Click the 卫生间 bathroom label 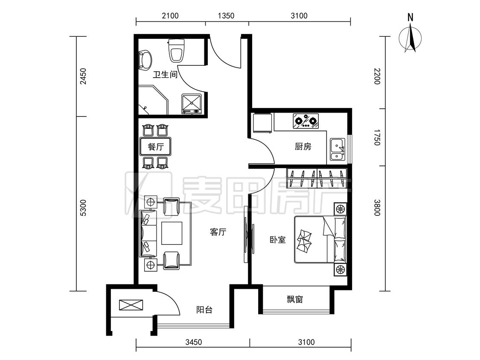pyautogui.click(x=165, y=74)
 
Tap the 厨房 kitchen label pyautogui.click(x=303, y=147)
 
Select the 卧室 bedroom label pyautogui.click(x=278, y=240)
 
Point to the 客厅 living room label pyautogui.click(x=218, y=232)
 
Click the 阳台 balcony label pyautogui.click(x=204, y=310)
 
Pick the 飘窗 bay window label pyautogui.click(x=295, y=299)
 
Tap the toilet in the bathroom pyautogui.click(x=177, y=50)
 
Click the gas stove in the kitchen pyautogui.click(x=305, y=121)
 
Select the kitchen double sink pyautogui.click(x=338, y=149)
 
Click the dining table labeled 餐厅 pyautogui.click(x=155, y=147)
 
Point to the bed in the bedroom pyautogui.click(x=320, y=239)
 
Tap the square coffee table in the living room pyautogui.click(x=172, y=233)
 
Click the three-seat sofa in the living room pyautogui.click(x=148, y=233)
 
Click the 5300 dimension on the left pyautogui.click(x=83, y=208)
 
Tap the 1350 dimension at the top pyautogui.click(x=226, y=16)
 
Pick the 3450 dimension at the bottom pyautogui.click(x=193, y=342)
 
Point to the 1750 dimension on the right pyautogui.click(x=377, y=137)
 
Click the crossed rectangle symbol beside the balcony pyautogui.click(x=131, y=305)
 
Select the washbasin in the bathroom pyautogui.click(x=146, y=60)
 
